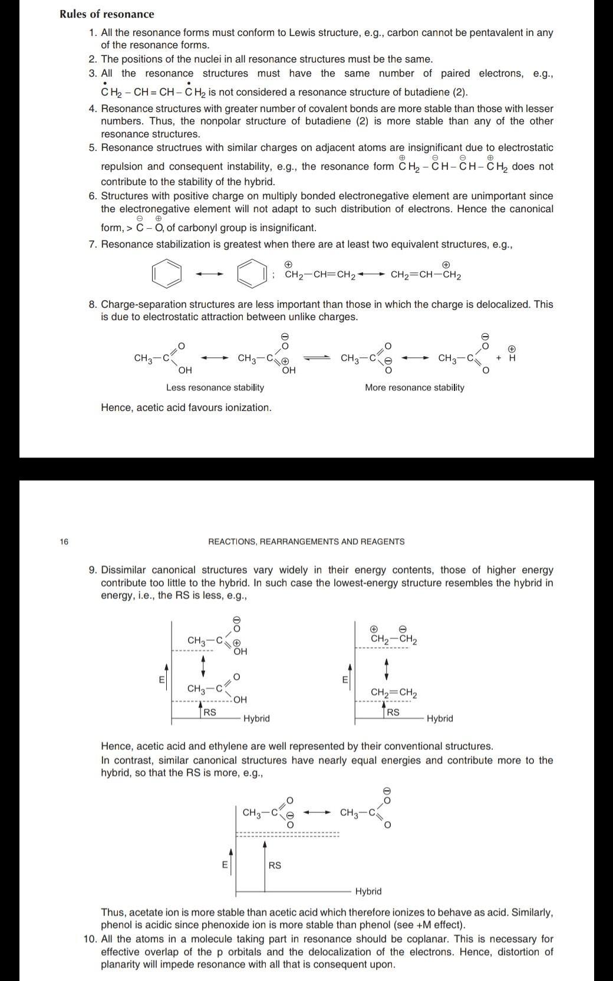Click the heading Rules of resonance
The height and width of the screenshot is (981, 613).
(x=107, y=14)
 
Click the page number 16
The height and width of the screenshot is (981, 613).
(x=64, y=541)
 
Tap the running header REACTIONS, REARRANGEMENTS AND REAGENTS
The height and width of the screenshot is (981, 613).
(x=306, y=541)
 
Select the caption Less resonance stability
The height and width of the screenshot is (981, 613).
(x=215, y=387)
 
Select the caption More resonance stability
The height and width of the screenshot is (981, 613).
(x=414, y=387)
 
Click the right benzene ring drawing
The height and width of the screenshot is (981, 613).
(x=251, y=274)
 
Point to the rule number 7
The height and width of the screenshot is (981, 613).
(x=93, y=244)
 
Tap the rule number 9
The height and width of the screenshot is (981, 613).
(x=93, y=570)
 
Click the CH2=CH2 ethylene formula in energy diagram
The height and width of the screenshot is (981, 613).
(x=394, y=693)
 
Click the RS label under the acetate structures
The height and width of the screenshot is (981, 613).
(x=275, y=865)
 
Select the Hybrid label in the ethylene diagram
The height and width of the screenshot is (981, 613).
(x=440, y=719)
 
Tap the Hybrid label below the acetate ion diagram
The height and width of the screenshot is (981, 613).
(x=368, y=891)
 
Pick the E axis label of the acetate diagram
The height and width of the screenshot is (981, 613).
(x=224, y=865)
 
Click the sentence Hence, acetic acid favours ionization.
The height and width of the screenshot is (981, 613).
(x=186, y=407)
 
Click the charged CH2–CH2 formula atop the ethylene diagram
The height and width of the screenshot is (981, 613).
(x=394, y=639)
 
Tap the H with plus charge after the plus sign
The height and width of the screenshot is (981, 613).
(x=512, y=357)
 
